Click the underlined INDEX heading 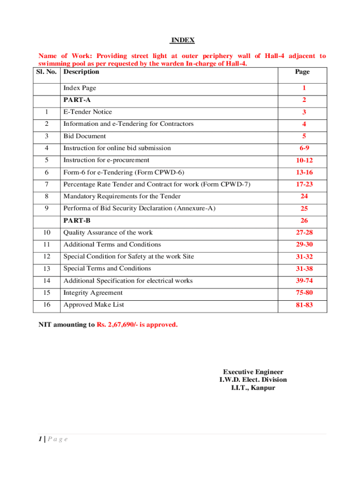point(182,40)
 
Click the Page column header point(302,72)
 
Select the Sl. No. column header point(48,72)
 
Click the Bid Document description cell point(85,136)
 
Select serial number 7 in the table point(46,184)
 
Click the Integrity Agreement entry point(93,293)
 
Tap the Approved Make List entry point(94,305)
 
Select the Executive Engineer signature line point(253,372)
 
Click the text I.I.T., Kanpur point(253,388)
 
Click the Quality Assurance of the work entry point(108,232)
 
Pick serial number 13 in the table point(46,269)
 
